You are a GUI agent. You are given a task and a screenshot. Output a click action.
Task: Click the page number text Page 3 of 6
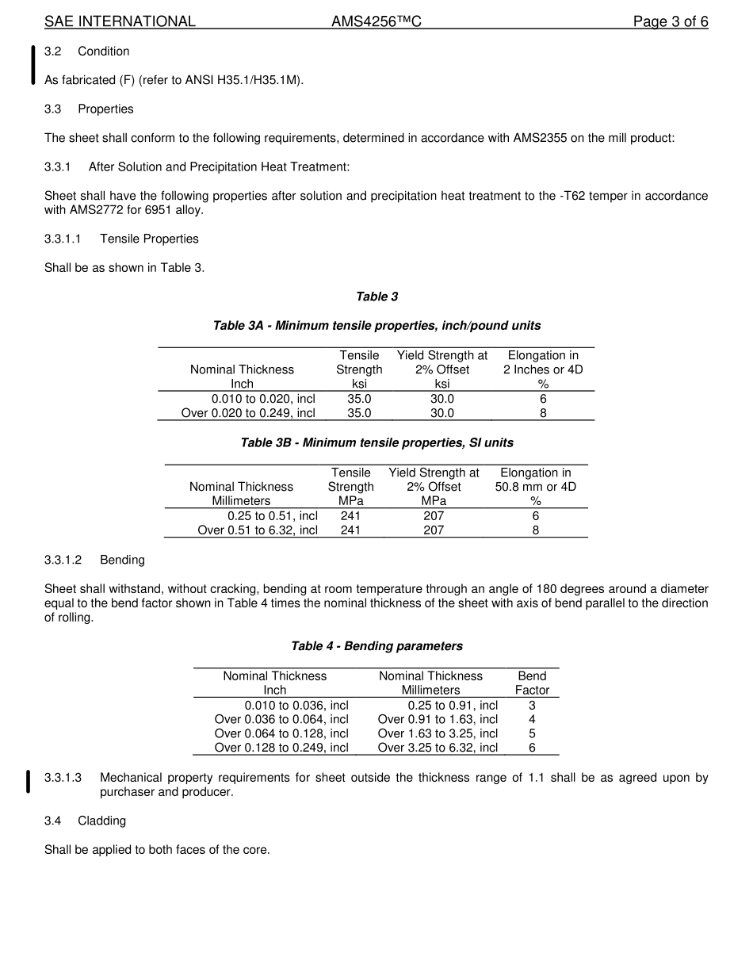point(670,21)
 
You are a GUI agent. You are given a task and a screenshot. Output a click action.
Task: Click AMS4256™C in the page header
point(376,21)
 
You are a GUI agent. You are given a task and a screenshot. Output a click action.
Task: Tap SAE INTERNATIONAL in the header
point(120,21)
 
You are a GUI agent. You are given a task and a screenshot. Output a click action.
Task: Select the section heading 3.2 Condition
point(87,52)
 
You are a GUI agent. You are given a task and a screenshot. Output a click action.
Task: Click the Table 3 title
point(376,297)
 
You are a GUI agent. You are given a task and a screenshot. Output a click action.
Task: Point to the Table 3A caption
point(376,326)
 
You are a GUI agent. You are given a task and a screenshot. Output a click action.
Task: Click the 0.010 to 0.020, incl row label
point(263,399)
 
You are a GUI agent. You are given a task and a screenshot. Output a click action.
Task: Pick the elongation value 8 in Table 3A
point(543,413)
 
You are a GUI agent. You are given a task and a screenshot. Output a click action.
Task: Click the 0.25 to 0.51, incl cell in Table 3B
point(273,516)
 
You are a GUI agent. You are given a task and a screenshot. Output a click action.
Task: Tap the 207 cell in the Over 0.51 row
point(434,530)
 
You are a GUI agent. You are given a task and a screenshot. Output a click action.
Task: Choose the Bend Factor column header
point(532,683)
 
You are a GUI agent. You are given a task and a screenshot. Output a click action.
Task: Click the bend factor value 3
point(532,705)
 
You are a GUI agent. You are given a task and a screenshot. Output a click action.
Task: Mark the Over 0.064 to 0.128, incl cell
point(281,733)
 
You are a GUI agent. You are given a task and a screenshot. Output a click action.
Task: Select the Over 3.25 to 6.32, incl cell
point(438,748)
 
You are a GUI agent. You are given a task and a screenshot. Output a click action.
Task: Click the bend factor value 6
point(532,748)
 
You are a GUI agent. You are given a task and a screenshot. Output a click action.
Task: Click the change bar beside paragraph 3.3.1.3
point(29,781)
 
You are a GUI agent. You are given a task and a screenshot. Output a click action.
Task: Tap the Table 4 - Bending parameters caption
point(376,646)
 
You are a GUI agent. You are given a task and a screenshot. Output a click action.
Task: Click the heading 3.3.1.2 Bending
point(94,560)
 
